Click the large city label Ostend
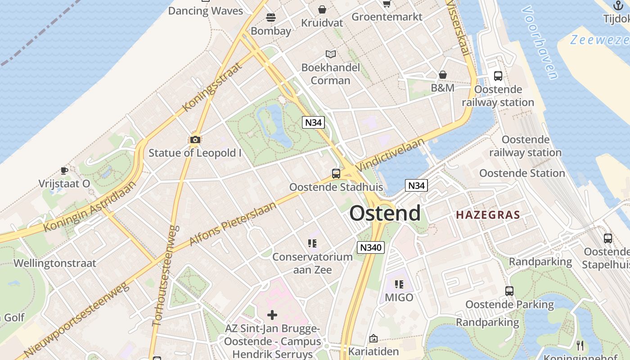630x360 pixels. pos(385,213)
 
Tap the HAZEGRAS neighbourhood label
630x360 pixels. pos(488,215)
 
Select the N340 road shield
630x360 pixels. pos(371,247)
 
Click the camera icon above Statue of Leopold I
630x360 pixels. pos(195,139)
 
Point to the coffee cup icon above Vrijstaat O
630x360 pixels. pos(64,171)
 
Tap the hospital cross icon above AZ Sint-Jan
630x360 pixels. pos(272,315)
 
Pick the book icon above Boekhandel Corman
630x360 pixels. pos(331,54)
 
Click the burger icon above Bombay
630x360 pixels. pos(271,18)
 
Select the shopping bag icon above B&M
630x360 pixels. pos(443,74)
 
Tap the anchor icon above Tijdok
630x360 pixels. pos(618,5)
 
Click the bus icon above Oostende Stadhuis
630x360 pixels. pos(336,173)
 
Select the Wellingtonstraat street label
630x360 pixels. pos(55,263)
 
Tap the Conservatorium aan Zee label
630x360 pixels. pos(312,263)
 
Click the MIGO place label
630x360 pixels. pos(399,297)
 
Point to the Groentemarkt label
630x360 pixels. pos(387,17)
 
